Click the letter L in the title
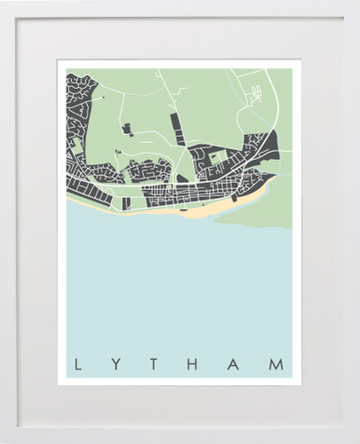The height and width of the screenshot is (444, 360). (x=77, y=365)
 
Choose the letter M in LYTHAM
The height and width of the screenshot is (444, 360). (x=277, y=365)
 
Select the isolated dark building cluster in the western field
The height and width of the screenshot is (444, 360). (x=127, y=131)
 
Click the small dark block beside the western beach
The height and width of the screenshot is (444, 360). (x=126, y=203)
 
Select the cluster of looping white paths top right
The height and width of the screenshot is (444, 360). (x=255, y=93)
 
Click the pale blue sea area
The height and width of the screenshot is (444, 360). (x=178, y=284)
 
